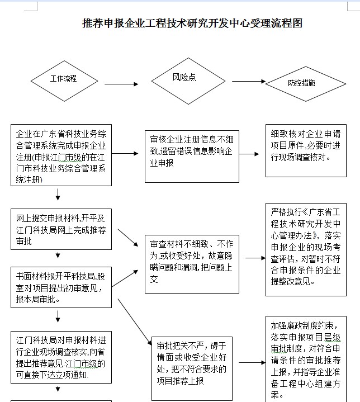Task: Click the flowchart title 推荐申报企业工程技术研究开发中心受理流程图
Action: click(192, 23)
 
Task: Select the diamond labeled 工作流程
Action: click(64, 78)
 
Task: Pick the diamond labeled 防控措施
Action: click(302, 83)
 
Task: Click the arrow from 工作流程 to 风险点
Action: click(121, 84)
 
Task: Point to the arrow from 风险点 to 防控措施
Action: click(248, 82)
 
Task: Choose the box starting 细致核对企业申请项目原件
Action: click(305, 150)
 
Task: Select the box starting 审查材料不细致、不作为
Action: click(192, 262)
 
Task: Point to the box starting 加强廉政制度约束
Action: click(305, 358)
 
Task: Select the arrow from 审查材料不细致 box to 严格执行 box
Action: click(255, 258)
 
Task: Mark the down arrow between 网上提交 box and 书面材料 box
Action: click(58, 257)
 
